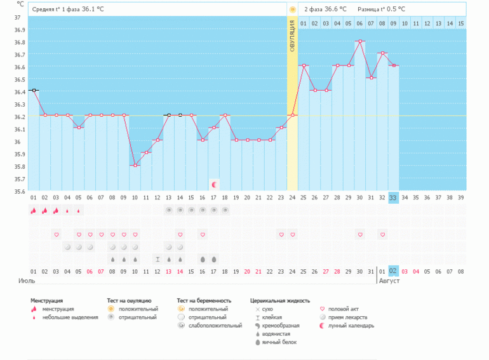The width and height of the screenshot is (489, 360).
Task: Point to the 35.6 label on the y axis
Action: tap(20, 191)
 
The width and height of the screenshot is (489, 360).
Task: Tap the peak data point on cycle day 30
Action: tap(360, 41)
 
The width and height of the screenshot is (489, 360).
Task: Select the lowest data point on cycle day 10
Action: tap(135, 165)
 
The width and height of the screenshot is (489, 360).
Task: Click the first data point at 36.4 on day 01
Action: tap(34, 91)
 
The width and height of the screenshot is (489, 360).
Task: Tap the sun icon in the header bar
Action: tap(292, 10)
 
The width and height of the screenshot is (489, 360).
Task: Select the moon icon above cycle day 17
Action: tap(215, 184)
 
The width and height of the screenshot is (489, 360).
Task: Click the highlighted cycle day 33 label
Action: tap(394, 197)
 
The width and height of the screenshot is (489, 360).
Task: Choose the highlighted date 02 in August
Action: tap(394, 271)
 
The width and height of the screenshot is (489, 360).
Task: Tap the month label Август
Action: tap(389, 280)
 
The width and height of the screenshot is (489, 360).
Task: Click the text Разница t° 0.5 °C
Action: tap(381, 10)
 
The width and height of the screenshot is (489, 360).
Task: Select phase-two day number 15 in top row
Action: tap(460, 23)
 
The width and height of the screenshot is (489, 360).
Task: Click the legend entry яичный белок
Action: tap(279, 342)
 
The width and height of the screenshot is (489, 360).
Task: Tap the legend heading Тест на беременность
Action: tap(204, 300)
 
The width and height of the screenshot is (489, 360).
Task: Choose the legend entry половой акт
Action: tap(350, 309)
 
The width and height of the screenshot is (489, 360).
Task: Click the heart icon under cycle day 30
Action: tap(360, 234)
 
